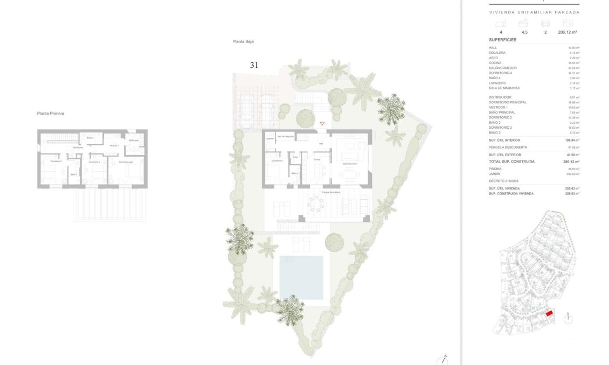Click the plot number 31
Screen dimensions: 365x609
(254, 65)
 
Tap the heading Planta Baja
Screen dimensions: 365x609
(243, 41)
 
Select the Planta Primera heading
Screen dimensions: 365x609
(51, 114)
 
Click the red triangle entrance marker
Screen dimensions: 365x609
(322, 124)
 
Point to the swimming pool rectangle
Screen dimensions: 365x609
(301, 277)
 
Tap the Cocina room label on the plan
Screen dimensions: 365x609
(317, 159)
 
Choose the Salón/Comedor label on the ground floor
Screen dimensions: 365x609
(350, 163)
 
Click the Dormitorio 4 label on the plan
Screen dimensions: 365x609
(277, 160)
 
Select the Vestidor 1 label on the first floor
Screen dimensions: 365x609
(114, 145)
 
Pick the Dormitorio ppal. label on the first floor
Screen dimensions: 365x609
(126, 162)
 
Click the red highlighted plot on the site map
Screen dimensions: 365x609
(549, 313)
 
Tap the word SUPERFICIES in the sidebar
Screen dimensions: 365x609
(502, 40)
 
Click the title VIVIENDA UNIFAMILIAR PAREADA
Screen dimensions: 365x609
(534, 12)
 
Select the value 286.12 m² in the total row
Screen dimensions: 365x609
(571, 162)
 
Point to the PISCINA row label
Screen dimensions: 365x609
(495, 169)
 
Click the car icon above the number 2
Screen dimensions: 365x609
(545, 23)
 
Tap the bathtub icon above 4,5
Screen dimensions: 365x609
(523, 23)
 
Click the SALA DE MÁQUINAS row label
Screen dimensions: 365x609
(501, 88)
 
